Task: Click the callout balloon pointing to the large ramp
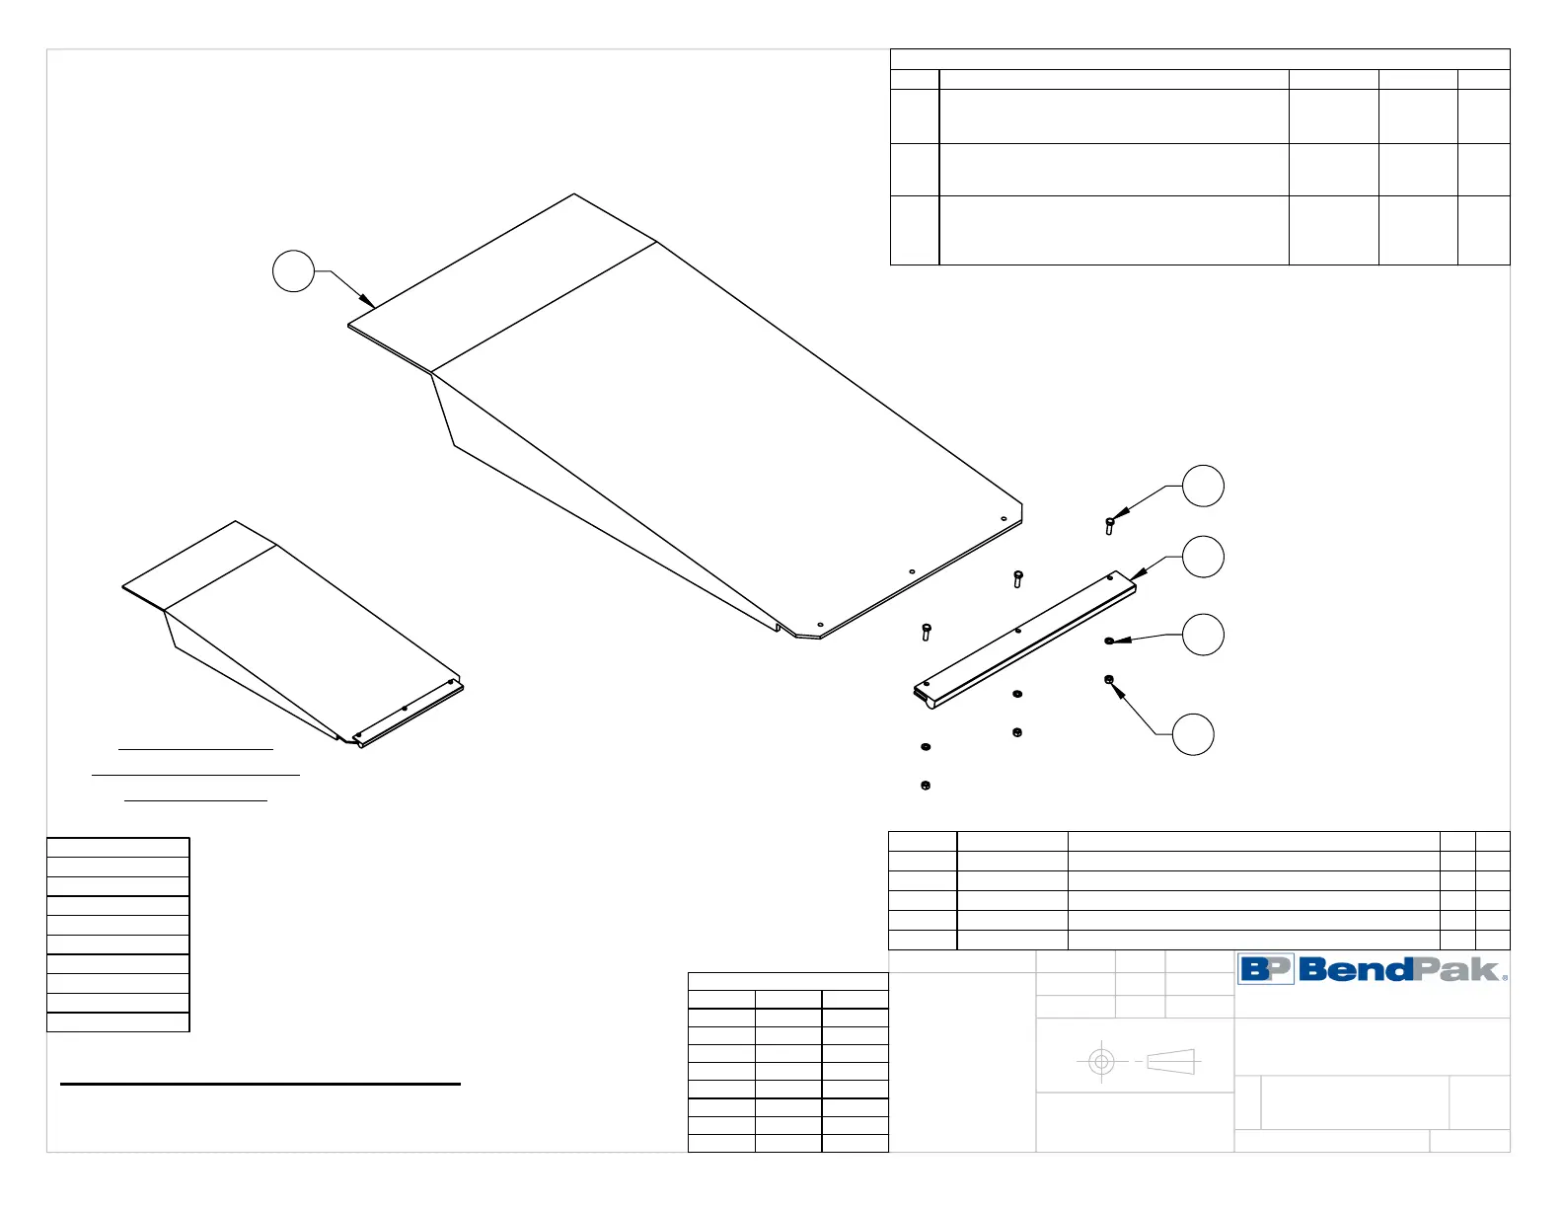pos(293,271)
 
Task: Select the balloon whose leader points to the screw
pos(1203,486)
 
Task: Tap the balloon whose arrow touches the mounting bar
pos(1203,557)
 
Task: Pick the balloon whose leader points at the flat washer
pos(1203,635)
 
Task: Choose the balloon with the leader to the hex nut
pos(1193,734)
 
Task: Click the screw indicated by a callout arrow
pos(1110,525)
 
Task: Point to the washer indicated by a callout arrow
pos(1109,642)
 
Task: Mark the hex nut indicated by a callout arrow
pos(1109,680)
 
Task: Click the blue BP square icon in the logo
pos(1265,969)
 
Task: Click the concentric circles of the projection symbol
pos(1101,1062)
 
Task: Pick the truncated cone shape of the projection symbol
pos(1171,1062)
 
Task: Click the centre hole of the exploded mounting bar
pos(1017,631)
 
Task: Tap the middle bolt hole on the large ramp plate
pos(912,571)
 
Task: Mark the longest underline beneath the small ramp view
pos(195,776)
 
